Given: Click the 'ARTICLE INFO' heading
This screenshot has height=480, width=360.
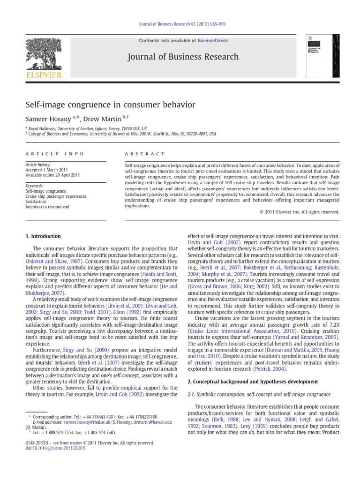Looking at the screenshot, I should tap(54, 153).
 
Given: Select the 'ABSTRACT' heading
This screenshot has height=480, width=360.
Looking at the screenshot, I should tap(145, 153).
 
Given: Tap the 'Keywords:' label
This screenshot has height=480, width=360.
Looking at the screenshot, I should tap(35, 186).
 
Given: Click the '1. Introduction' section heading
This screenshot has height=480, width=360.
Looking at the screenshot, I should tap(43, 236).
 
